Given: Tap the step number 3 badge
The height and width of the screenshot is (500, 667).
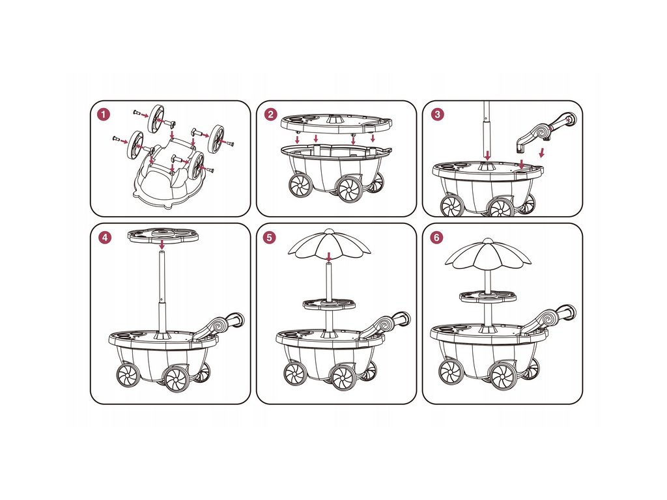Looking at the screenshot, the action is pyautogui.click(x=437, y=115).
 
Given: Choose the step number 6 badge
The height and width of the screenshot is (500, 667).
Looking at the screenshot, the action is pyautogui.click(x=437, y=238).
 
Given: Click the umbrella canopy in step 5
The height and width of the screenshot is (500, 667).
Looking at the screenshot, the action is pyautogui.click(x=329, y=244).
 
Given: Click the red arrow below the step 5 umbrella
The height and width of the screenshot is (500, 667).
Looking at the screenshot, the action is pyautogui.click(x=329, y=257).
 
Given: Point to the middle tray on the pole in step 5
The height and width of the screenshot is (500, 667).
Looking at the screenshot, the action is pyautogui.click(x=329, y=304).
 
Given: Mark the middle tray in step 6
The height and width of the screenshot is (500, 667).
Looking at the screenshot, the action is pyautogui.click(x=487, y=297).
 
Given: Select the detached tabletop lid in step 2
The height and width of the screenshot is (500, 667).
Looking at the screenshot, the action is pyautogui.click(x=335, y=123).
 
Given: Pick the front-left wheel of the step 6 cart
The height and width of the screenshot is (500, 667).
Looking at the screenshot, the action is pyautogui.click(x=451, y=372).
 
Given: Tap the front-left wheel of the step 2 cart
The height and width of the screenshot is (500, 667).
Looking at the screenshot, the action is pyautogui.click(x=300, y=185).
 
